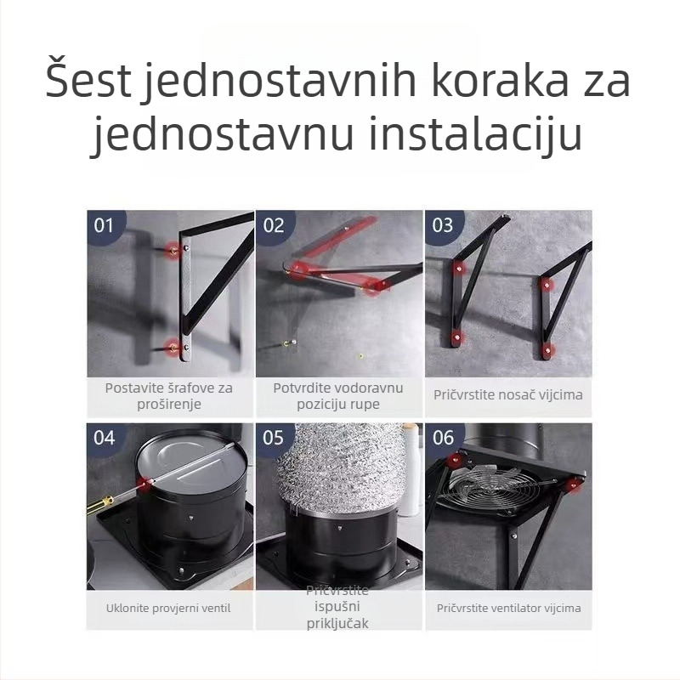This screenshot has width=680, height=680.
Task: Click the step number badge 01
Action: [104, 225]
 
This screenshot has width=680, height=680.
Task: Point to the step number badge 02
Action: [274, 225]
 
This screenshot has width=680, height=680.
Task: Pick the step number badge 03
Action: [443, 225]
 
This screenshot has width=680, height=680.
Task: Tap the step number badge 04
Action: [104, 438]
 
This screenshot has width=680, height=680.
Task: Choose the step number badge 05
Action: [274, 438]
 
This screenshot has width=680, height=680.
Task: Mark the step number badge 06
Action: [443, 438]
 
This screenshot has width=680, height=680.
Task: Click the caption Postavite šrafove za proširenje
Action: [169, 395]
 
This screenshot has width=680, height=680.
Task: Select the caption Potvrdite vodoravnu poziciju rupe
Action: [338, 395]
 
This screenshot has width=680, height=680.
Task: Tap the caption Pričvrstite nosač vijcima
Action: [508, 395]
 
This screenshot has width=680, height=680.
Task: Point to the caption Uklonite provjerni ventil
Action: [168, 608]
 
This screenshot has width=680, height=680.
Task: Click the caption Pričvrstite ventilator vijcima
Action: [508, 608]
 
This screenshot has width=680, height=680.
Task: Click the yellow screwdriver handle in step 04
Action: [99, 504]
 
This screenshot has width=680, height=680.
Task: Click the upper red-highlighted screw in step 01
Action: [174, 251]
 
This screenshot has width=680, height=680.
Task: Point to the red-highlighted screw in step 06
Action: [575, 485]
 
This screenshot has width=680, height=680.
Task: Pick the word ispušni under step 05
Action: [338, 608]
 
